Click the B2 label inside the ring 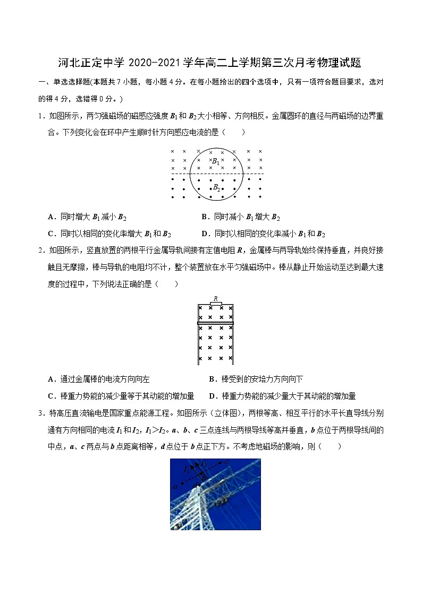tap(216, 187)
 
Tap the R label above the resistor tap(216, 298)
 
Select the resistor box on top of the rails tap(216, 303)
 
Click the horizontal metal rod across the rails tap(216, 322)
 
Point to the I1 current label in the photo tap(187, 470)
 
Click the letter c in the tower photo tap(226, 462)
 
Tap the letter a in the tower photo tap(175, 486)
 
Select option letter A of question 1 tap(50, 217)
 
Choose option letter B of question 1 tap(205, 217)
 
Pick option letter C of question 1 tap(50, 234)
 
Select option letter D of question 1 tap(205, 234)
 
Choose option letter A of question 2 tap(50, 379)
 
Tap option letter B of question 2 tap(212, 379)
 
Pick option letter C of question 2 tap(50, 396)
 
